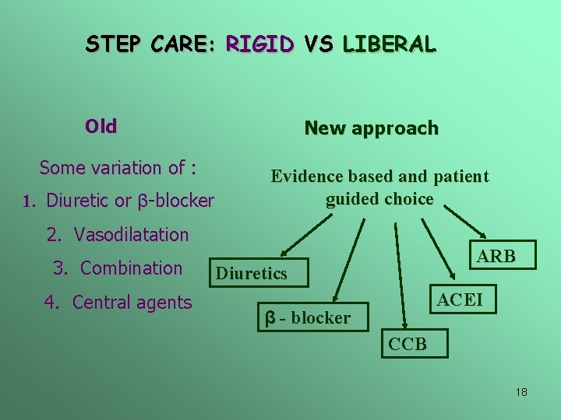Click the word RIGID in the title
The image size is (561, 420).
(x=259, y=44)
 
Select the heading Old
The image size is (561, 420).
(x=101, y=126)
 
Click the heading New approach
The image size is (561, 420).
(x=371, y=128)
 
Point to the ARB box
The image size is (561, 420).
(x=496, y=256)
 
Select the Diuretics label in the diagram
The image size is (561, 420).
(x=251, y=273)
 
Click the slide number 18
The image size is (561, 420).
(x=521, y=392)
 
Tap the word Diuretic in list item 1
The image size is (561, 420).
(x=79, y=201)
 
